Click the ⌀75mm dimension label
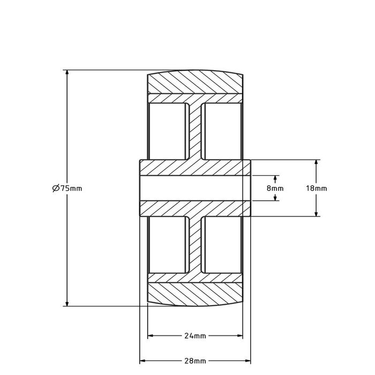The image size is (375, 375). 67,188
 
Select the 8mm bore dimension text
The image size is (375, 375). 275,188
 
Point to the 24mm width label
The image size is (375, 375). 195,336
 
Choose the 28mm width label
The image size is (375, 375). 195,361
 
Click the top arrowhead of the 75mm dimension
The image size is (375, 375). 67,73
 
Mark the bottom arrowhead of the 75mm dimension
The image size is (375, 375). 67,303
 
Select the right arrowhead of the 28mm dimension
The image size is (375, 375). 248,361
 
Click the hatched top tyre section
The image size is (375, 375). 195,83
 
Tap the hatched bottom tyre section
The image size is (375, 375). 195,293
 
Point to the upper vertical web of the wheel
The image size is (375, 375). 195,131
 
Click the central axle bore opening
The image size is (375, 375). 195,188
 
